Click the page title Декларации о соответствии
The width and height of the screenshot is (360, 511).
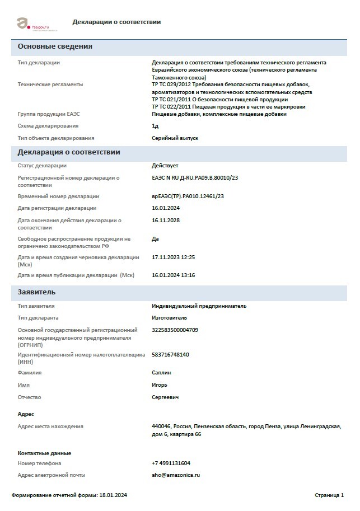coord(116,22)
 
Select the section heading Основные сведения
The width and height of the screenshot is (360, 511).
coord(55,46)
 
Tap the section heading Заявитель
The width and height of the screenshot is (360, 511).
coord(36,292)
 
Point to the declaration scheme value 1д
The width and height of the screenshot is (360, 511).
coord(155,126)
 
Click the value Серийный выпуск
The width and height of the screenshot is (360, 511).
coord(175,138)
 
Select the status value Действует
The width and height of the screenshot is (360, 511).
coord(165,166)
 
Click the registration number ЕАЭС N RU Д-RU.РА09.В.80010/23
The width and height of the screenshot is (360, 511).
coord(195,178)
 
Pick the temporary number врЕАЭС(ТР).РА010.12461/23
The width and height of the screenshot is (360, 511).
coord(188,196)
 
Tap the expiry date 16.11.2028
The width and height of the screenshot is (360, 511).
coord(165,221)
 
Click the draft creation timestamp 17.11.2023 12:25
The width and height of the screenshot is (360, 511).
coord(174,257)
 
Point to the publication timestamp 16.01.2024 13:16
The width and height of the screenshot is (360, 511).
coord(174,275)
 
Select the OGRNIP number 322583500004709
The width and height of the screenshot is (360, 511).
coord(175,330)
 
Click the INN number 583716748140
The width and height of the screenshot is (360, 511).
coord(170,355)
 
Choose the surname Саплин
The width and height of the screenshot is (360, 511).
coord(161,373)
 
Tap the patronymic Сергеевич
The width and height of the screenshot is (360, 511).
coord(165,397)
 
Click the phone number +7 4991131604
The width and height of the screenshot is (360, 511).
coord(171,463)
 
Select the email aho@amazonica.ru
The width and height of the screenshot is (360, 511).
coord(176,475)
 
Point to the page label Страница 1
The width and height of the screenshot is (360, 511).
coord(329,495)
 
